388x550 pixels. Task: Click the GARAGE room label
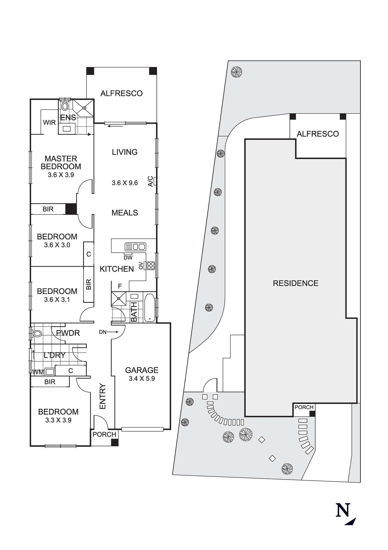click(x=142, y=370)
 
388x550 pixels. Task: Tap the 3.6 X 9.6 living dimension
click(x=125, y=183)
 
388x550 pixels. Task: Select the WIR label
click(x=49, y=123)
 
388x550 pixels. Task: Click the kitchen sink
click(x=135, y=246)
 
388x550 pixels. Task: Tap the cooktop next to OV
click(x=151, y=265)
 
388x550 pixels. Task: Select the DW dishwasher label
click(x=128, y=258)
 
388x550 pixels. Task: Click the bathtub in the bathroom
click(x=149, y=308)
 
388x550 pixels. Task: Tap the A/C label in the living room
click(x=150, y=182)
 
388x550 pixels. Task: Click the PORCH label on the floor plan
click(x=104, y=435)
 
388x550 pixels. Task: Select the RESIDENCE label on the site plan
click(x=295, y=283)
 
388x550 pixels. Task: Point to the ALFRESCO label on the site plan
click(x=318, y=134)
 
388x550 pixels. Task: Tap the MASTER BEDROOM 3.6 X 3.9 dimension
click(x=61, y=175)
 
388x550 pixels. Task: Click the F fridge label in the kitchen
click(x=120, y=286)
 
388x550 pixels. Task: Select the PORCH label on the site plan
click(x=304, y=407)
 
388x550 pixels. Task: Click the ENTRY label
click(x=102, y=396)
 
